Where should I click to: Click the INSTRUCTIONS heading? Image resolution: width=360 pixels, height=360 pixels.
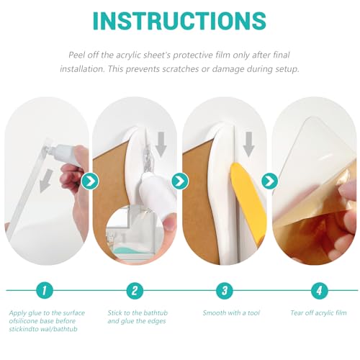click(x=179, y=21)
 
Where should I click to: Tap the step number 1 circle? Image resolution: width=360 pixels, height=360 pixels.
click(x=45, y=290)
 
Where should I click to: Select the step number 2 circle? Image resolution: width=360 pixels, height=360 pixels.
click(x=135, y=290)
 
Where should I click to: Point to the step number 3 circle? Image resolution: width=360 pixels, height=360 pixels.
click(x=225, y=290)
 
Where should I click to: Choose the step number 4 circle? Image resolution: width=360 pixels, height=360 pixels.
click(x=319, y=290)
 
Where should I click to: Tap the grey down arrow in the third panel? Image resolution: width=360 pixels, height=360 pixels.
click(x=249, y=144)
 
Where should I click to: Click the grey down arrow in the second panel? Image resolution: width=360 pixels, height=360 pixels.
click(x=161, y=144)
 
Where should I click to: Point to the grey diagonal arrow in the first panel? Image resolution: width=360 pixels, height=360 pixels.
click(x=46, y=181)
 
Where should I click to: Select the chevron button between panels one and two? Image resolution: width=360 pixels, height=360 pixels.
click(x=90, y=181)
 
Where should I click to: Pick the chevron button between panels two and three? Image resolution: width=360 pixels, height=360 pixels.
click(x=180, y=181)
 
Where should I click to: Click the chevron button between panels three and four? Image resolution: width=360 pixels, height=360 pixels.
click(x=270, y=181)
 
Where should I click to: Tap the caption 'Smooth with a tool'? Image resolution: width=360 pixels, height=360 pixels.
click(x=231, y=312)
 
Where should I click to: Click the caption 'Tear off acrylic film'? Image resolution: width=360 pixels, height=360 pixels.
click(x=318, y=312)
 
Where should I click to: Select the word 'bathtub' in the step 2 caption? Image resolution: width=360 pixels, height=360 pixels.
click(x=156, y=312)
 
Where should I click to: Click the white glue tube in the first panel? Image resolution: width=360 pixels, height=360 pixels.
click(x=63, y=152)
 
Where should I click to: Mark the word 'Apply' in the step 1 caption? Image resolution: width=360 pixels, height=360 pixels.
click(x=18, y=313)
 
